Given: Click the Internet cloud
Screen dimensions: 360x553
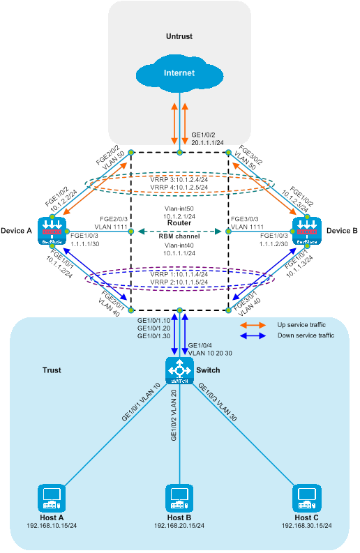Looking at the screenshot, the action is tap(179, 73).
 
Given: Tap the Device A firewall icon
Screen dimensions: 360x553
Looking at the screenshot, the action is tap(52, 231).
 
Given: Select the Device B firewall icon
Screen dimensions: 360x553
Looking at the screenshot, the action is tap(307, 231).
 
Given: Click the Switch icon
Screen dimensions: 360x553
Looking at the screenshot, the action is tap(179, 370).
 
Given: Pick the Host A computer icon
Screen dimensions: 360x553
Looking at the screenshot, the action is tap(52, 498).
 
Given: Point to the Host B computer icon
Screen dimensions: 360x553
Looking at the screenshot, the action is tap(179, 498).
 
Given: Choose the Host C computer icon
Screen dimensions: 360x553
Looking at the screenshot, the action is tap(307, 498).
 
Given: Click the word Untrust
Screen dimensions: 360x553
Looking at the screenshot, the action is tap(179, 36).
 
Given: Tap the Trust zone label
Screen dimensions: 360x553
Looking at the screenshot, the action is tap(52, 370).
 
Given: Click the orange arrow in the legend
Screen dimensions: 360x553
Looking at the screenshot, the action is tap(253, 325).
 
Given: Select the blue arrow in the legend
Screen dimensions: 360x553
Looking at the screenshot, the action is tap(253, 335).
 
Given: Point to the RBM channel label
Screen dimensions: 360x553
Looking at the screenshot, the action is tap(179, 236).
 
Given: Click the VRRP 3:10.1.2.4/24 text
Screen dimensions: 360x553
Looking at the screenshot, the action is tap(179, 179).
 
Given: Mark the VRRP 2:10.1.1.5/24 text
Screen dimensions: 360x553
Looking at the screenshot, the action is tap(179, 282).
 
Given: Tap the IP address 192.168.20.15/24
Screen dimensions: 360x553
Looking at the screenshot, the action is tap(179, 526).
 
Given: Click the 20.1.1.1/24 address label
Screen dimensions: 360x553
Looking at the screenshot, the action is tap(207, 142).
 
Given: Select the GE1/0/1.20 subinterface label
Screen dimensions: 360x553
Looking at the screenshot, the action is tap(154, 328).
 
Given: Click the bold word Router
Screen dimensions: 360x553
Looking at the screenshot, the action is tap(179, 223).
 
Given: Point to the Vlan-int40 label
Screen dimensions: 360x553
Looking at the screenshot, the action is tap(179, 245).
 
